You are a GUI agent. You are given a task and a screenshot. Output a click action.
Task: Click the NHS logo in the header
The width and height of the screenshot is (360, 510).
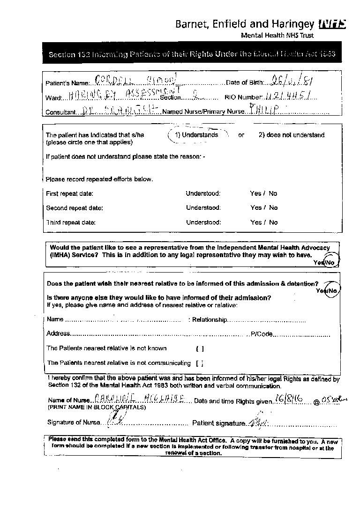pos(332,23)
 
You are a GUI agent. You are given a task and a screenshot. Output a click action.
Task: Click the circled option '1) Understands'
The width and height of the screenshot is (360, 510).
pos(196,135)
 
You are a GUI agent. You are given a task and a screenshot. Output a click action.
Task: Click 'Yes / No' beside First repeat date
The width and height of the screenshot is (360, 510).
pos(263,193)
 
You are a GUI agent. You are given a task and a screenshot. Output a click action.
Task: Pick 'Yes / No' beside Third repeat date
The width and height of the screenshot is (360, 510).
pos(263,222)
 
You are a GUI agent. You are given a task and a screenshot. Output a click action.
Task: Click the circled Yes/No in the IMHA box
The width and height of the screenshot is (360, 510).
pos(324,263)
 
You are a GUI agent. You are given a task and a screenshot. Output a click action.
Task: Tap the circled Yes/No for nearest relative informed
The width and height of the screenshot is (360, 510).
pos(327,291)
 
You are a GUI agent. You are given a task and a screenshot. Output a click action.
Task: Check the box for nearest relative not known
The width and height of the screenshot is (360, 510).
pos(200,348)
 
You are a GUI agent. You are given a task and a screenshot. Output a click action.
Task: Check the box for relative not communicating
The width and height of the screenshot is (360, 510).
pos(200,363)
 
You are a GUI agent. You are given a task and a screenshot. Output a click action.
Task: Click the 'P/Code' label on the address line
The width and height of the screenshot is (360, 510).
pos(262,334)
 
